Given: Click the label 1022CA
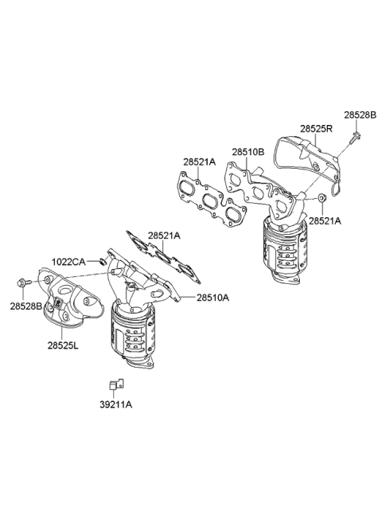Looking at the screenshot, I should click(x=69, y=261).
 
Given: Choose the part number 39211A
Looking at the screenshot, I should click(x=116, y=404).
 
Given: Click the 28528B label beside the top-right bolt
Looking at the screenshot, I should click(x=360, y=115).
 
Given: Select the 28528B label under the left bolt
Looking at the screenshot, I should click(x=26, y=306).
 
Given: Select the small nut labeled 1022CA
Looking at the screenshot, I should click(x=103, y=261).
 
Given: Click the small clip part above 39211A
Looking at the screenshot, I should click(x=115, y=384).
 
